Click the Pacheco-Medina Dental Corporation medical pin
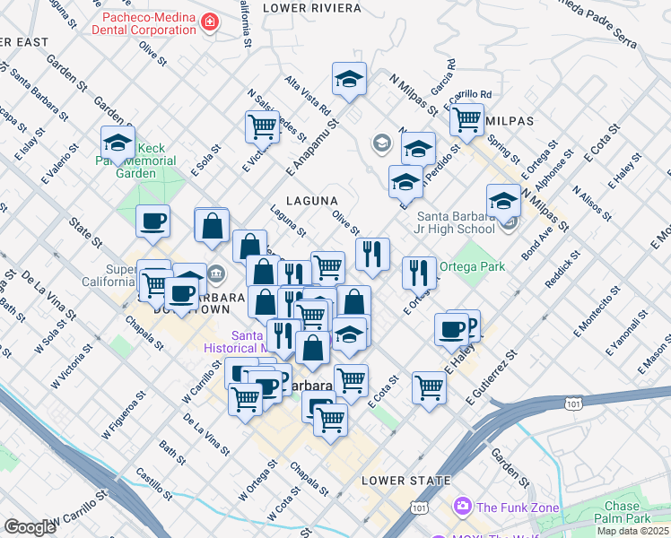209,21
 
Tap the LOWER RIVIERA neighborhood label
312,8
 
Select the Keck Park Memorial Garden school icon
118,143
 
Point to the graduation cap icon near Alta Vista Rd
349,79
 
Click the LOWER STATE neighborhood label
405,481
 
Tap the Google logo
30,527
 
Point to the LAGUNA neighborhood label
311,201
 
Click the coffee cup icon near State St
152,221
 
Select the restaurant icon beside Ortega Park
419,273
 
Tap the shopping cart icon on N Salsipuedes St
262,126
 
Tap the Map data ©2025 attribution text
632,531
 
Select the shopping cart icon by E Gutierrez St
430,388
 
